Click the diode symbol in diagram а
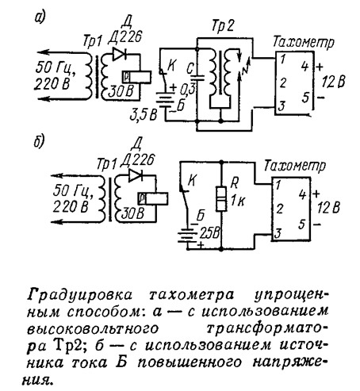(x=119, y=54)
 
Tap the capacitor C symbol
(x=197, y=77)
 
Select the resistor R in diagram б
(x=221, y=198)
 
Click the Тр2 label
(x=223, y=26)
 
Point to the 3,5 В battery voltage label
(x=144, y=115)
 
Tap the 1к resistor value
(x=238, y=201)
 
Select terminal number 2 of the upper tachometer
(x=283, y=83)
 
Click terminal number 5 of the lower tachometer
(x=302, y=225)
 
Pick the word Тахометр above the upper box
(x=303, y=42)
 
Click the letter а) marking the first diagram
(x=40, y=17)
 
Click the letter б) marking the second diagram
(x=40, y=142)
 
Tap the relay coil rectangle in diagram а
(x=136, y=77)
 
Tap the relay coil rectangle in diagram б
(x=153, y=198)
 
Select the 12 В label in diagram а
(x=333, y=82)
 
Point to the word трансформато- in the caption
(x=266, y=328)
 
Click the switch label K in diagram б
(x=193, y=180)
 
